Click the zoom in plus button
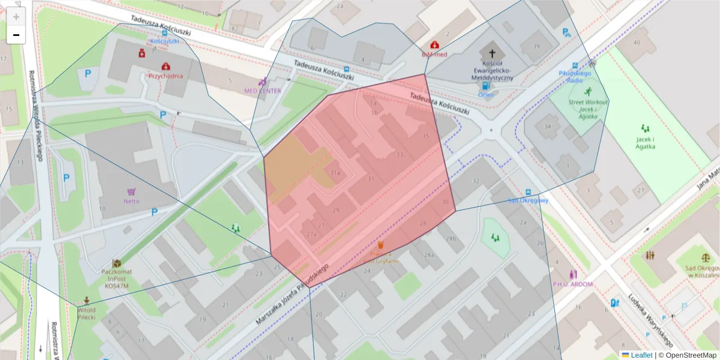tap(16, 17)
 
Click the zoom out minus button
tap(16, 35)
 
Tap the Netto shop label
tap(131, 201)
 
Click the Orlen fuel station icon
tap(485, 85)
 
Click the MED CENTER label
tap(262, 91)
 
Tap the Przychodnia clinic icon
tap(165, 66)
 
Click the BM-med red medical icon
tap(434, 45)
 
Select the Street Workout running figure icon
tap(587, 92)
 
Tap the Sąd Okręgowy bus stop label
tap(527, 200)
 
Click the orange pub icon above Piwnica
tap(380, 244)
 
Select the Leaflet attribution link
tap(641, 355)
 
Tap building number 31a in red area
tap(335, 174)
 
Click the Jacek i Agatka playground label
tap(645, 143)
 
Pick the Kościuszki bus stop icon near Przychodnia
tap(164, 32)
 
